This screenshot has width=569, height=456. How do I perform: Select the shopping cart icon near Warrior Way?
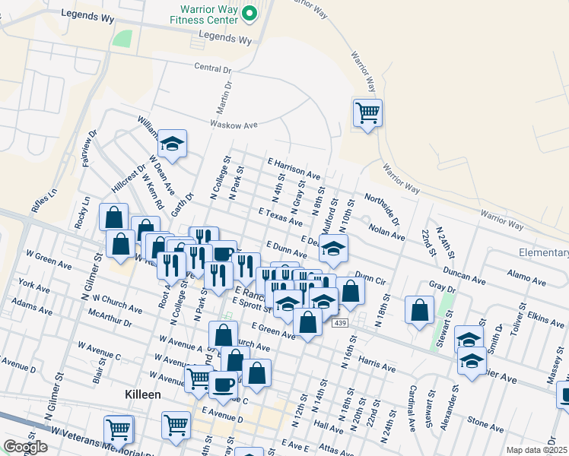pos(367,113)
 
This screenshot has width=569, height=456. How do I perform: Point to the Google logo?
pos(25,447)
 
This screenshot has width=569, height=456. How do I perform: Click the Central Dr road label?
pos(212,68)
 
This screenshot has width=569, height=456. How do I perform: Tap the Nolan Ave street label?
pos(386,231)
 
